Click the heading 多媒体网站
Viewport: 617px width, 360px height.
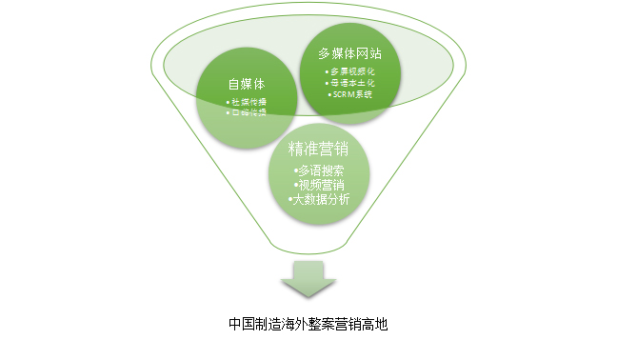pyautogui.click(x=349, y=54)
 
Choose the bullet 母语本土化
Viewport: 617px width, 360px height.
pyautogui.click(x=349, y=84)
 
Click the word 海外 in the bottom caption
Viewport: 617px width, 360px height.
pyautogui.click(x=295, y=324)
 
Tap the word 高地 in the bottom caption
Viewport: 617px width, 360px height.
pyautogui.click(x=375, y=324)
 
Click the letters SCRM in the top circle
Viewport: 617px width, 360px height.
pyautogui.click(x=338, y=94)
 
